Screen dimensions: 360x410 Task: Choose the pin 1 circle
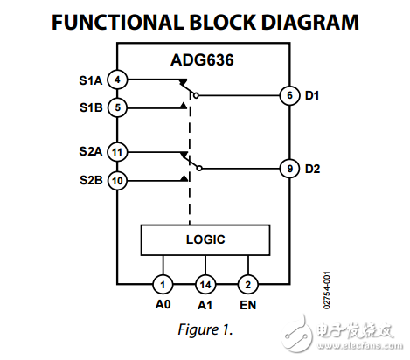pos(162,284)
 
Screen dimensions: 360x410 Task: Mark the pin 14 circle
pos(205,284)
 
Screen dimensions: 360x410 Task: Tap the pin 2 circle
pos(248,284)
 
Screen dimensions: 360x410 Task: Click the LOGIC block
pos(206,239)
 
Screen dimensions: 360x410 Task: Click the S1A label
pos(91,80)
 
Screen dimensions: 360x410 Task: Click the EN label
pos(249,306)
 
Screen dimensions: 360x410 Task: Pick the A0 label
pos(162,306)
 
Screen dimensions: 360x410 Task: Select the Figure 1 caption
pos(205,331)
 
